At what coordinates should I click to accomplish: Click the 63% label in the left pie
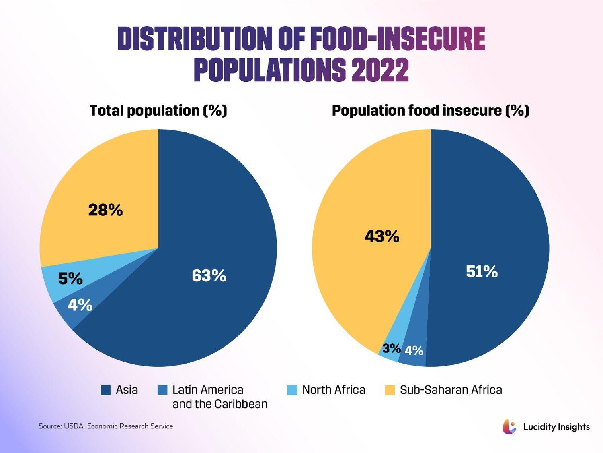coord(209,276)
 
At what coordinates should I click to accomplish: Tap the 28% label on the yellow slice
coord(105,210)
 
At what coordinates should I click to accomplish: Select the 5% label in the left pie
coord(70,279)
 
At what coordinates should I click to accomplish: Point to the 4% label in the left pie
coord(80,305)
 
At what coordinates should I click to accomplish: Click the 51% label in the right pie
coord(482,272)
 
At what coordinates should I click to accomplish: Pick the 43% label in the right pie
coord(382,236)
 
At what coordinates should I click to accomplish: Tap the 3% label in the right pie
coord(391,348)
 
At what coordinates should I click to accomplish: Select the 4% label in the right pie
coord(414,351)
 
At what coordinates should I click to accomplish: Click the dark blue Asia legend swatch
coord(105,390)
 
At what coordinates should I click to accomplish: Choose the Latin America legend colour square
coord(162,390)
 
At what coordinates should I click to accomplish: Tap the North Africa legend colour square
coord(292,390)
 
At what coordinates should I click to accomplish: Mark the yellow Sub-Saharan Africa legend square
coord(390,390)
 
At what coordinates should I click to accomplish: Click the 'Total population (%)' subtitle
coord(158,110)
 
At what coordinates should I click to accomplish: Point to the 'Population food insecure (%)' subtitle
coord(430,110)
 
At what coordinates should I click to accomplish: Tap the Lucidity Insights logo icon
coord(509,426)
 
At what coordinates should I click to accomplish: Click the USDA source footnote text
coord(106,426)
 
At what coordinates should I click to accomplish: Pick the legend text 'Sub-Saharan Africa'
coord(451,390)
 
